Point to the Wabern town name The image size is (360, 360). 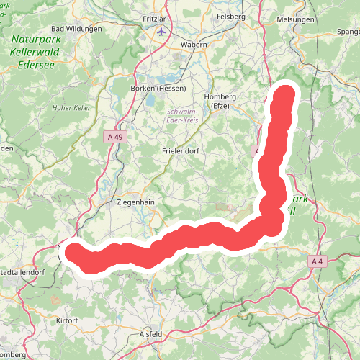pos(193,44)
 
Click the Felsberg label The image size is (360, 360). pos(232,15)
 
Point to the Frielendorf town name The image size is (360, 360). pos(180,152)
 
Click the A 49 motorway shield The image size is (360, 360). pos(113,137)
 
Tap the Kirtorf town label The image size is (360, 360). pos(67,318)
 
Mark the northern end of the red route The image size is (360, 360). pos(287,94)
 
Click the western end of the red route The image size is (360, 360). pos(75,252)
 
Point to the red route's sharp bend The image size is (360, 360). pos(271,225)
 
